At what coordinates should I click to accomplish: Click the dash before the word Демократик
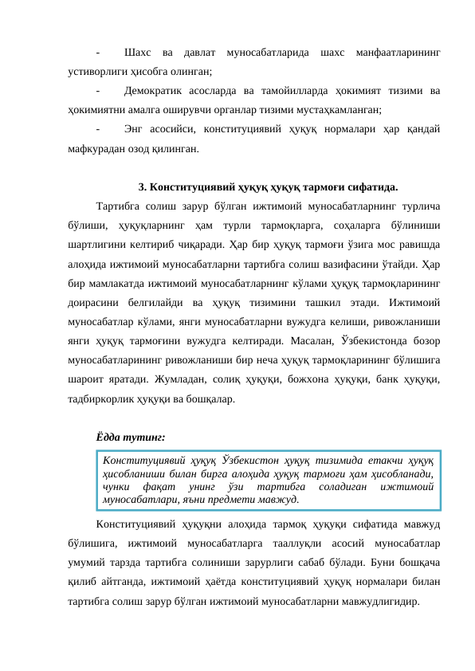point(96,90)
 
